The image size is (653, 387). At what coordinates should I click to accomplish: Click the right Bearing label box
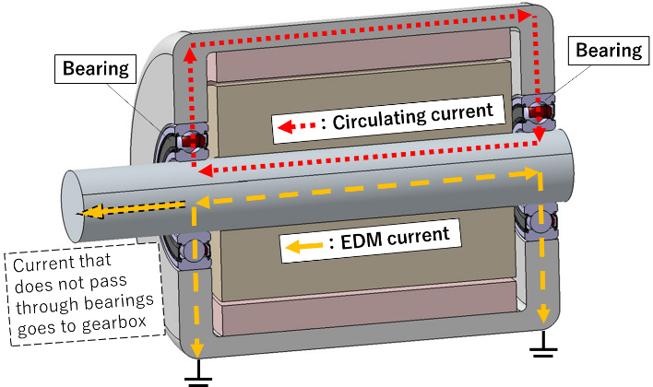click(x=608, y=51)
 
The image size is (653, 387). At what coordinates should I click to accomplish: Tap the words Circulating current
click(x=410, y=121)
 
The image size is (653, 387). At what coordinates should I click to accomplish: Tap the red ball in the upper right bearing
click(x=536, y=112)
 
